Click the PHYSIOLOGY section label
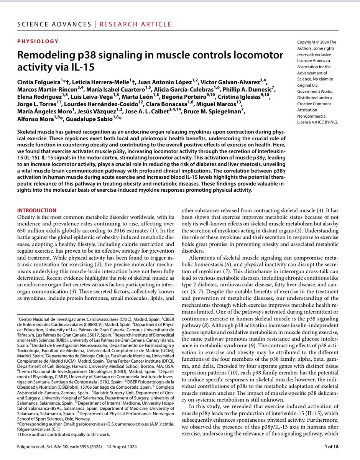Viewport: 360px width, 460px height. click(38, 41)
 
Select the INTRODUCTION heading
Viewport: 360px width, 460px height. click(37, 210)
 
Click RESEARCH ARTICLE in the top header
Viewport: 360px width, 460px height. click(135, 25)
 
